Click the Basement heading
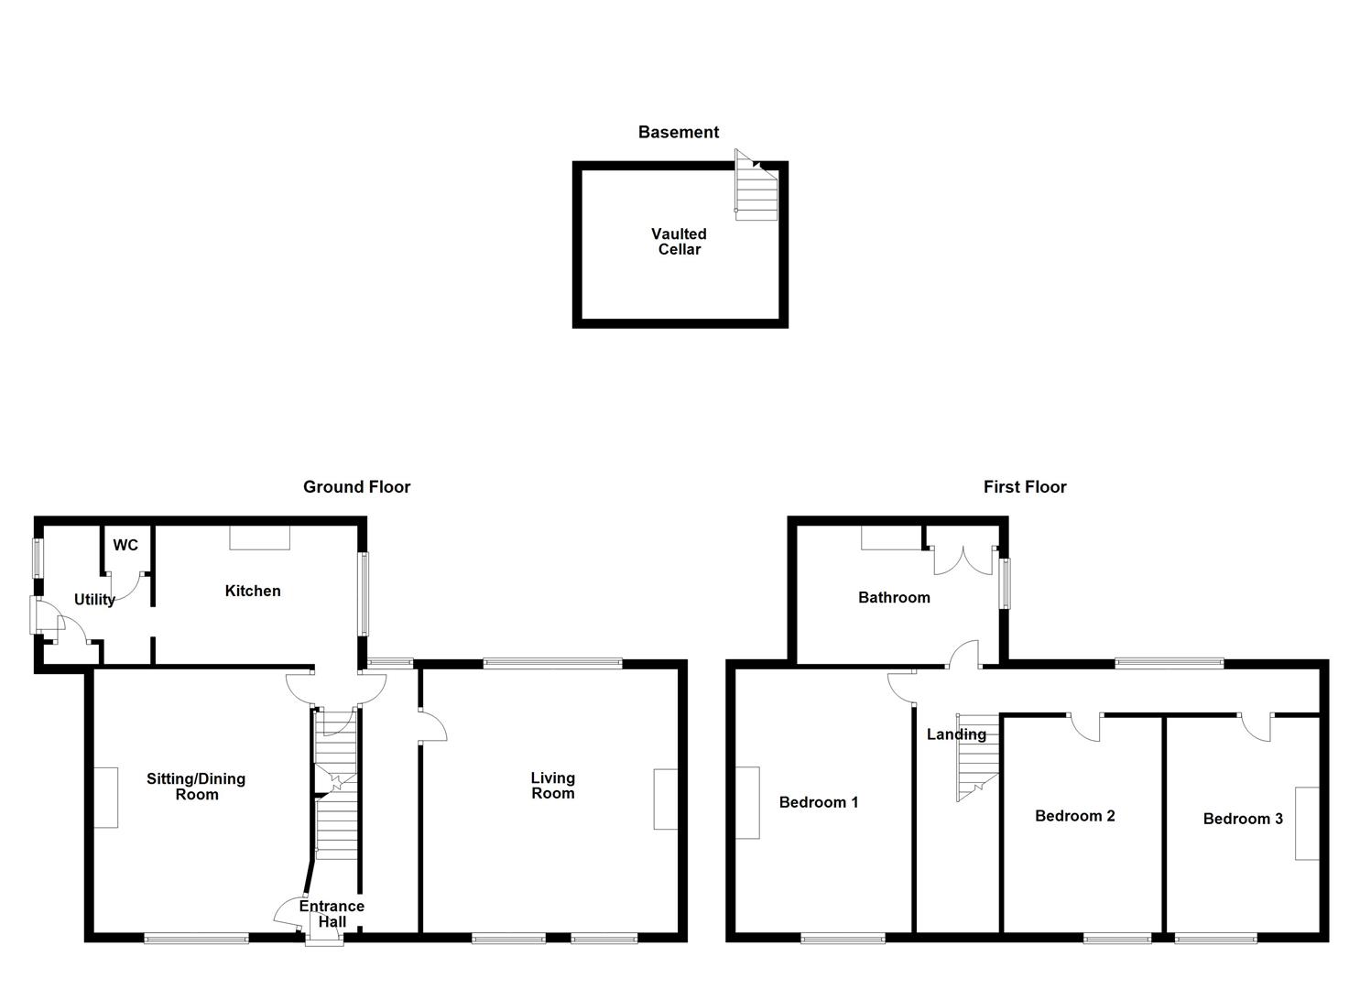(678, 133)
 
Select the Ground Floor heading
(356, 487)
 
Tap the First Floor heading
(1025, 487)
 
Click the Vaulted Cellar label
(679, 242)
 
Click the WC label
(125, 546)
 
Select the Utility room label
(94, 600)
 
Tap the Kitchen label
(253, 592)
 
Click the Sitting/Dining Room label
(196, 787)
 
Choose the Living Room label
(553, 786)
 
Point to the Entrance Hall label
(332, 914)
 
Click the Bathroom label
(894, 598)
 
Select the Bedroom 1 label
(819, 803)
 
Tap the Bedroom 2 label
(1074, 816)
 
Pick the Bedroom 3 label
(1243, 819)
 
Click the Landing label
(956, 734)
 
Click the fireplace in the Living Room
(666, 799)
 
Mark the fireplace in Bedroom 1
(747, 802)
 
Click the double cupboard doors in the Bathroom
(962, 560)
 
